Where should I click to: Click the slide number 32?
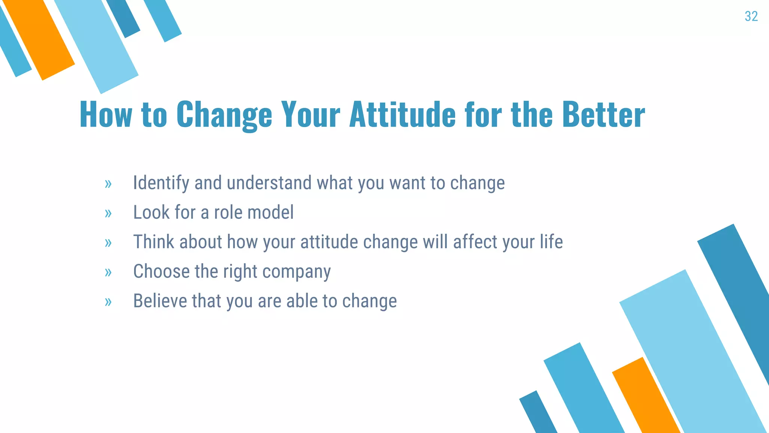751,16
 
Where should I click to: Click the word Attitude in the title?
402,115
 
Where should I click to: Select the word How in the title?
106,115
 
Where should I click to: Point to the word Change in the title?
224,115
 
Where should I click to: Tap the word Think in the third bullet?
154,242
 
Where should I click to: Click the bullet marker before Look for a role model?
108,213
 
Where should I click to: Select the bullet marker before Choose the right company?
108,272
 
